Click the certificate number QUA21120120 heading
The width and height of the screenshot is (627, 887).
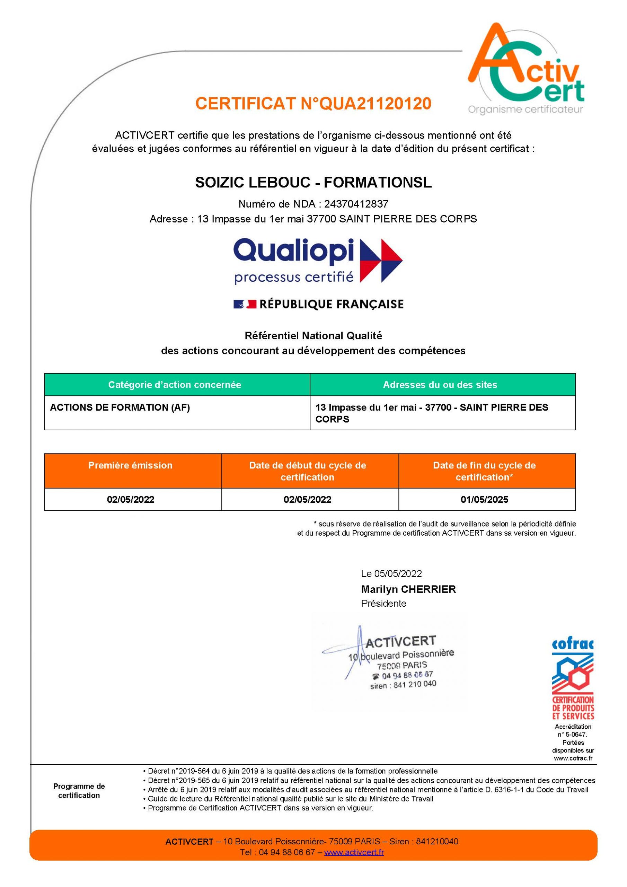(x=313, y=104)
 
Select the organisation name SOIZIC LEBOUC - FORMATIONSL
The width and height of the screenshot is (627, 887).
(x=313, y=182)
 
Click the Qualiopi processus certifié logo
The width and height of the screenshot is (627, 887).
(x=318, y=261)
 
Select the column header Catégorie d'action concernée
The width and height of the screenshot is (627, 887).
(x=175, y=385)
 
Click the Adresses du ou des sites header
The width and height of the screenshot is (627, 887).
(x=440, y=385)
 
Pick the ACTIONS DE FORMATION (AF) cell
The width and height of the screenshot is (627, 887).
(x=120, y=407)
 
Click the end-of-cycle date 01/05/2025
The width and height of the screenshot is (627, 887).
(x=484, y=500)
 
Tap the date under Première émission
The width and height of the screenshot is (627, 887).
(x=131, y=500)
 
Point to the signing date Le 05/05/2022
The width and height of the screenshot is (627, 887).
(x=391, y=573)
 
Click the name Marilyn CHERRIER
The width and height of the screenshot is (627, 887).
(x=408, y=589)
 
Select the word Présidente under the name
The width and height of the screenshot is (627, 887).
(x=383, y=604)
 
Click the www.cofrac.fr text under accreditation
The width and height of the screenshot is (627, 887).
(x=573, y=758)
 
